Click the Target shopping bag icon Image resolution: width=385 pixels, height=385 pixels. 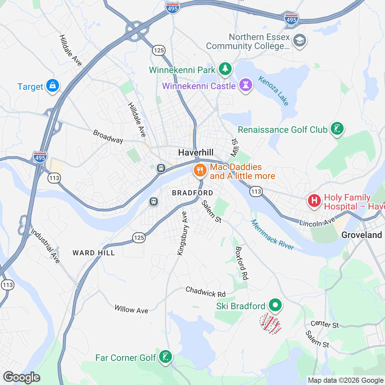(x=52, y=86)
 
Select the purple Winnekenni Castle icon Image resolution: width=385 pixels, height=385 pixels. (x=246, y=85)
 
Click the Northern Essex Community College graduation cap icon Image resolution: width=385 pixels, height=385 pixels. (x=300, y=40)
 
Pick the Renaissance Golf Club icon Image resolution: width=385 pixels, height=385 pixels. (x=337, y=129)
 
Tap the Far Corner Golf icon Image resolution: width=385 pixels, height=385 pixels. (x=166, y=356)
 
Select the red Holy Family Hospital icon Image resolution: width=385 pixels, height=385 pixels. (x=314, y=201)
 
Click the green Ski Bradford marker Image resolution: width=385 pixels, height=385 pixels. (x=275, y=305)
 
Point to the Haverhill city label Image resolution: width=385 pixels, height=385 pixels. (x=196, y=152)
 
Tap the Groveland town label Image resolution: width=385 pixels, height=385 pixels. (x=362, y=235)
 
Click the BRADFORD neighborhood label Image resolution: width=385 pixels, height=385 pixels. (x=193, y=193)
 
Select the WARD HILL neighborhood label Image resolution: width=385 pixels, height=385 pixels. (x=94, y=253)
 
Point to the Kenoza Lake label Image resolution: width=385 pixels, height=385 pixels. (x=274, y=91)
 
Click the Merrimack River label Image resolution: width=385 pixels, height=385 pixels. (x=272, y=235)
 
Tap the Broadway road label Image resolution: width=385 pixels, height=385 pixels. (x=108, y=136)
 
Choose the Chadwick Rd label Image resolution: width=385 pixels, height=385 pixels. (x=205, y=292)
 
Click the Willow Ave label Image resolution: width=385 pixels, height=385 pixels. (x=131, y=310)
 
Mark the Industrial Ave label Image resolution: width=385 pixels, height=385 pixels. (x=46, y=246)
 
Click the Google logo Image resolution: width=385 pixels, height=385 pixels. (x=22, y=377)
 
